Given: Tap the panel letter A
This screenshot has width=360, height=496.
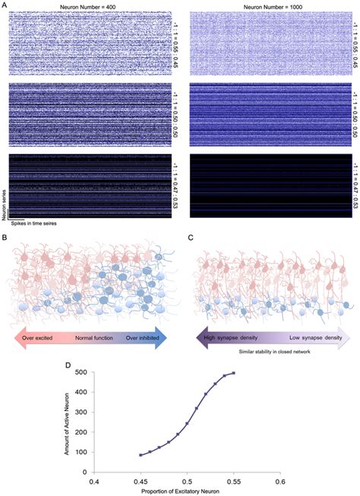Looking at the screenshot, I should (5, 5).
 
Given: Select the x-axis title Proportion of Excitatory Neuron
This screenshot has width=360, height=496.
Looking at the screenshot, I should (187, 490).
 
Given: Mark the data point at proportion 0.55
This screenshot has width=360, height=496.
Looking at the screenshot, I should (233, 373).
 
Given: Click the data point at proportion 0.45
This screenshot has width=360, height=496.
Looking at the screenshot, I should (141, 455).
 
